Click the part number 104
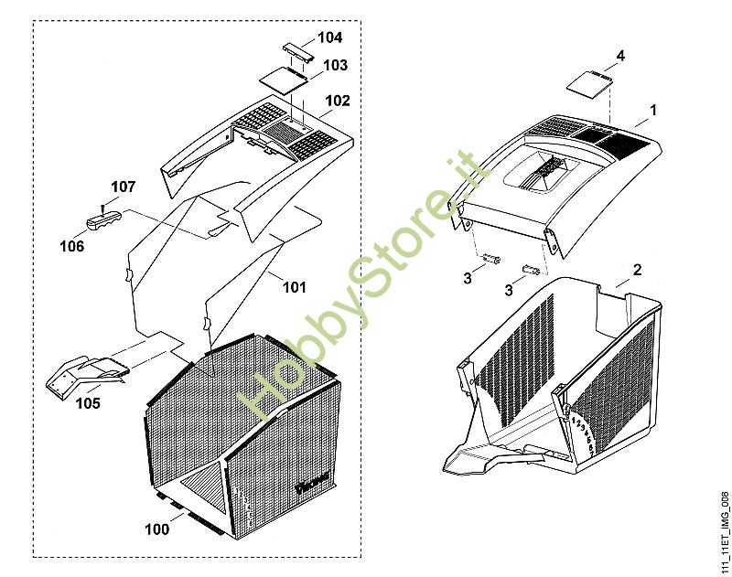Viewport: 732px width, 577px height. (329, 37)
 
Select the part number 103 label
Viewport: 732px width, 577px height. (335, 66)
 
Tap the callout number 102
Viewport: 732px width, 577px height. (338, 101)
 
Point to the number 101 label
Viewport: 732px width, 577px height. (294, 287)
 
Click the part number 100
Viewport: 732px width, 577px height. (158, 529)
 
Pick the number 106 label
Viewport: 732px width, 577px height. (71, 247)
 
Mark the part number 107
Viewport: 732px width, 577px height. (124, 187)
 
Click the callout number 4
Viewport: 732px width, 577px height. (620, 57)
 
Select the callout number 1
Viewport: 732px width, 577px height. (653, 110)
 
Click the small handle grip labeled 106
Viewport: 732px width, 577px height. (105, 220)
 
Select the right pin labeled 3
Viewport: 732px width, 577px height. (528, 269)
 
